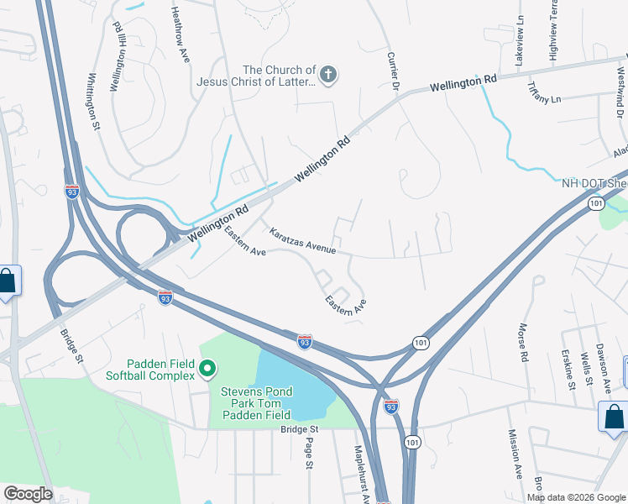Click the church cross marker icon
point(328,76)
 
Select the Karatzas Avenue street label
point(303,240)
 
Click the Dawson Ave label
point(603,366)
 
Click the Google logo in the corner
point(28,494)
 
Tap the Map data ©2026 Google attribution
point(576,497)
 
